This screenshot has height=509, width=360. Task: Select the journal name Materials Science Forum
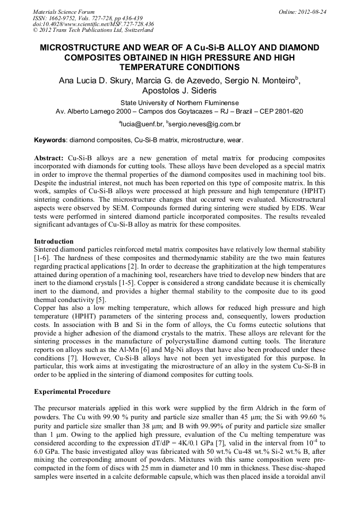click(x=64, y=12)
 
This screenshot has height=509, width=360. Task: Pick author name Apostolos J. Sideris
click(x=179, y=91)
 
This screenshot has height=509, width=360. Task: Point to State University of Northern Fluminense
click(x=179, y=103)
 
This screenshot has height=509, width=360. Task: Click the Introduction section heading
click(x=54, y=241)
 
